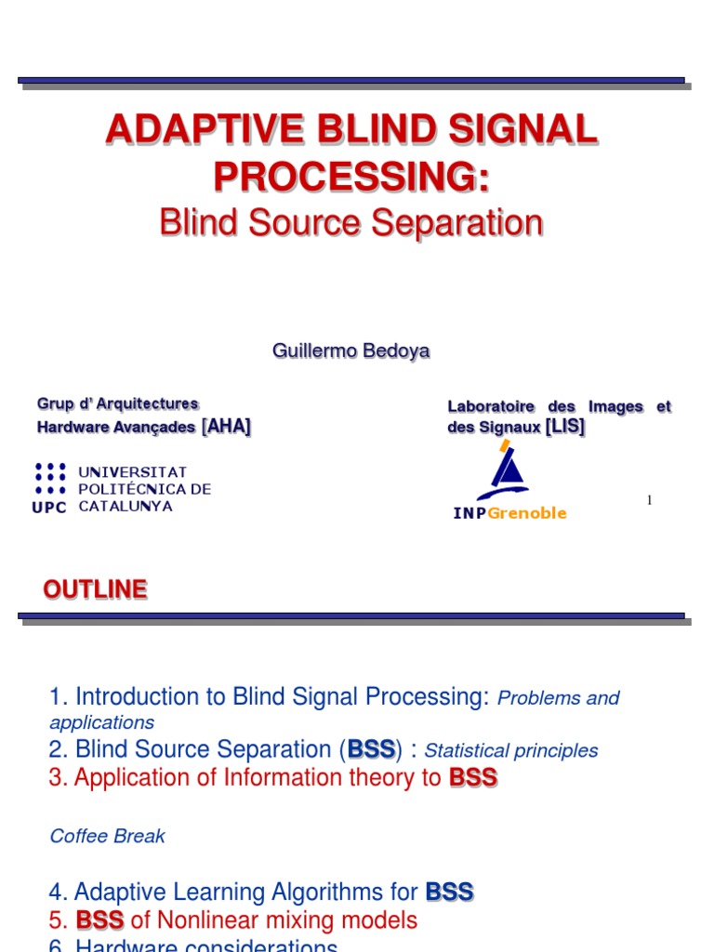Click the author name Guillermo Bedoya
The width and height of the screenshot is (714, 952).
tap(351, 350)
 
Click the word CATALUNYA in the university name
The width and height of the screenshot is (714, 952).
tap(126, 507)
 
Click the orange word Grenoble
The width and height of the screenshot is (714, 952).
tap(527, 513)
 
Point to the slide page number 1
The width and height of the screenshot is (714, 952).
tap(649, 501)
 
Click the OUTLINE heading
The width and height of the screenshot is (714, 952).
tap(96, 589)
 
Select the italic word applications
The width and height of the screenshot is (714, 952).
tap(101, 722)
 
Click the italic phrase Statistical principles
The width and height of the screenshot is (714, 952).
tap(511, 750)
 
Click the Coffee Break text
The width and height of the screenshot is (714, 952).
tap(107, 836)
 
